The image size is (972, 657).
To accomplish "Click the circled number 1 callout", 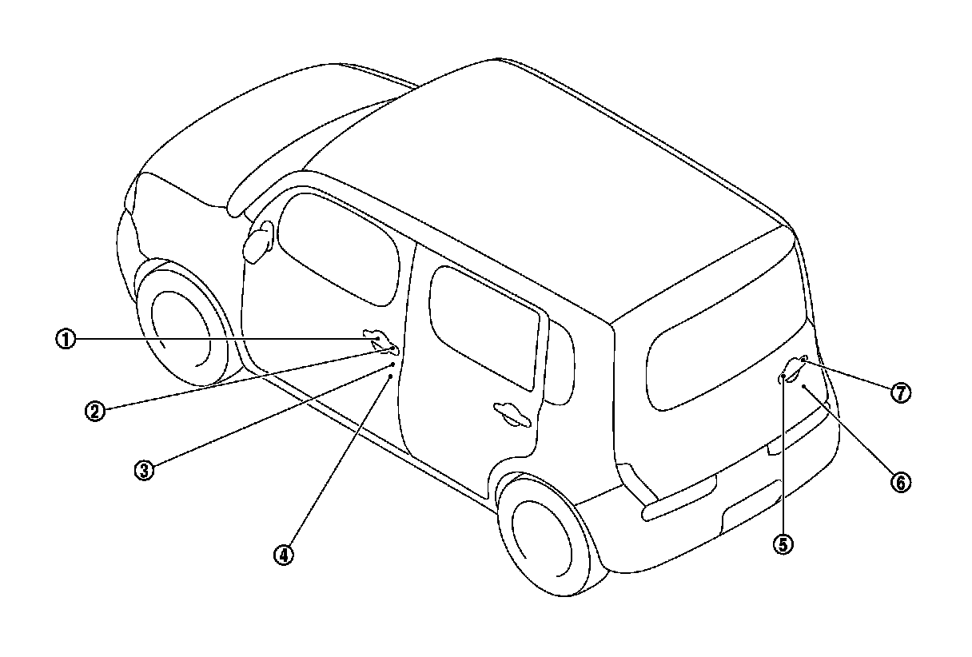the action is click(x=66, y=339).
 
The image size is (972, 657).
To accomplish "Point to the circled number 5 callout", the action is click(x=782, y=544).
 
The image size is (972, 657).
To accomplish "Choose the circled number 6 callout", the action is click(x=899, y=482).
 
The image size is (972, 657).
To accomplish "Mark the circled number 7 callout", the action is click(x=901, y=392).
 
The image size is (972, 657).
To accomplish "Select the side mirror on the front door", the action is click(x=257, y=241).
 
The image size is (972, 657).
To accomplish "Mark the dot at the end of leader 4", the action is click(x=391, y=374).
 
